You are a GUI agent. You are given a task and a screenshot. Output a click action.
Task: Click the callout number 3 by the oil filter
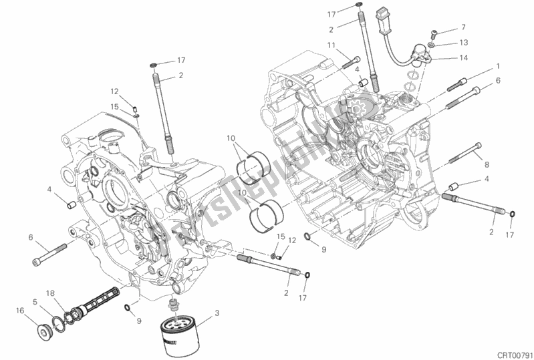pos(216,314)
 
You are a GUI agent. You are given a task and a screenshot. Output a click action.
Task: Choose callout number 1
pos(497,67)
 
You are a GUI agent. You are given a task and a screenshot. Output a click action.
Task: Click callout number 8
pos(487,164)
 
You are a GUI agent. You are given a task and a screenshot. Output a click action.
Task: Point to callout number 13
pos(464,42)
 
